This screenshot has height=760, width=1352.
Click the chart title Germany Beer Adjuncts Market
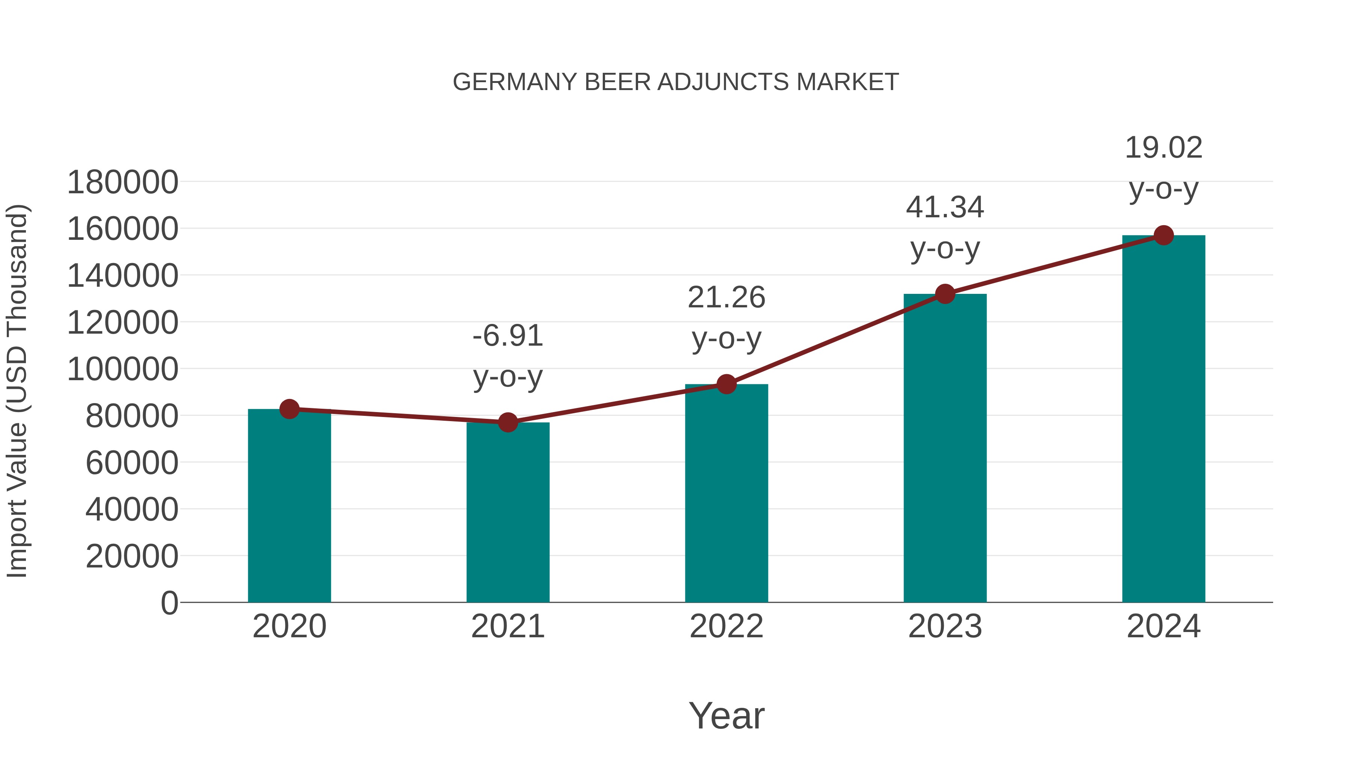pos(676,82)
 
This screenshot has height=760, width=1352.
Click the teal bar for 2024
pos(1163,419)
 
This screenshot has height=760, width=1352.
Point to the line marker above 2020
pos(290,409)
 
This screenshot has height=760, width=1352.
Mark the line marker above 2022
pos(726,384)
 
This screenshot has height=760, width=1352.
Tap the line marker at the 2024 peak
pos(1163,235)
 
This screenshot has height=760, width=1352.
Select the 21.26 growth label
pos(726,318)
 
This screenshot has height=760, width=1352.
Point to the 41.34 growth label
pos(945,228)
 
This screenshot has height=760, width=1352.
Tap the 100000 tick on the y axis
pos(123,369)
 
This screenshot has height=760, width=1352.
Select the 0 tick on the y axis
pos(169,603)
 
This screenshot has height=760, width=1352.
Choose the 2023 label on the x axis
pos(945,626)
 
